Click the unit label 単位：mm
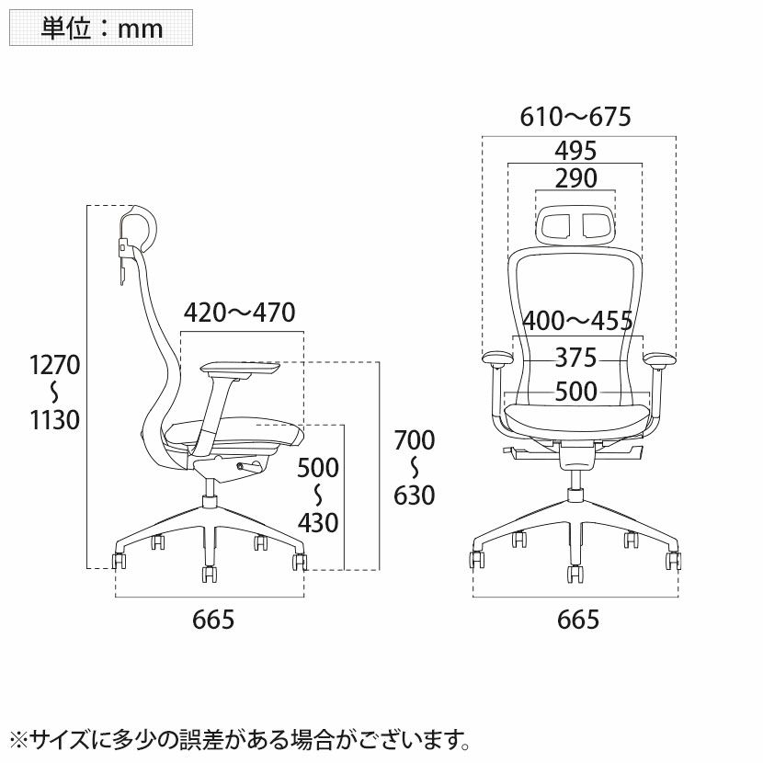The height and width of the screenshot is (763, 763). click(x=101, y=28)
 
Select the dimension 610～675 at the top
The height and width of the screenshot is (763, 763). click(x=575, y=117)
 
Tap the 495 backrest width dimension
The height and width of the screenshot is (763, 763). click(x=575, y=151)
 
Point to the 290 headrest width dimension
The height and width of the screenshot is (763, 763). click(x=575, y=178)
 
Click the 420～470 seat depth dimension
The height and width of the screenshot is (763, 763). click(x=239, y=313)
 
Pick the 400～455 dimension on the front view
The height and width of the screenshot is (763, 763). click(x=577, y=321)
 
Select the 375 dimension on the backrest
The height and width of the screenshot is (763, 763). click(x=575, y=359)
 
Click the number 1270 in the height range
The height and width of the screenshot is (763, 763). click(x=54, y=365)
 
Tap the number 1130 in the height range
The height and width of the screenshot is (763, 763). click(x=54, y=420)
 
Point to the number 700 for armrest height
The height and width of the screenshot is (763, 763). click(x=414, y=440)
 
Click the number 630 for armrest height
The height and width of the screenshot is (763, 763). click(x=414, y=495)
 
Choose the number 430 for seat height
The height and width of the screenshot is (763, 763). click(x=318, y=524)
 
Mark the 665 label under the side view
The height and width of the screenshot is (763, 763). click(x=213, y=621)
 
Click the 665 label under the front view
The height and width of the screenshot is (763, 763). click(x=578, y=621)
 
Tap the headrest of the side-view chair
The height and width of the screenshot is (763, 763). click(x=139, y=229)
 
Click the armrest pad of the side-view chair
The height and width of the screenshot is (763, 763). click(x=240, y=370)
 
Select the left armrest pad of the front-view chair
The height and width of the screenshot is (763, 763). click(x=497, y=359)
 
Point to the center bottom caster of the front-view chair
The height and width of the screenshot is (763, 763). click(x=575, y=574)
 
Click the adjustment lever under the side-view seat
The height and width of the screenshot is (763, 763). click(x=248, y=467)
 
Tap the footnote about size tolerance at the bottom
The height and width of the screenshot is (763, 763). click(x=240, y=740)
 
